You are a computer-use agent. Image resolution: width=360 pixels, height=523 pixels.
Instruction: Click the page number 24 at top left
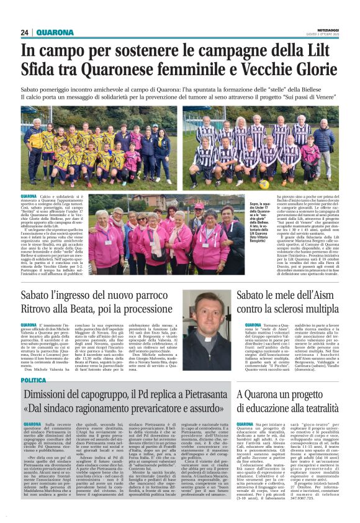[x=25, y=32]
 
